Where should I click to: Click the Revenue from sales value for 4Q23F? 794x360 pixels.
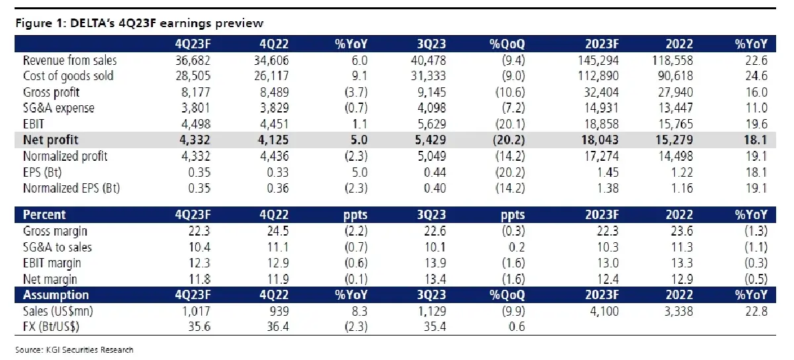(193, 60)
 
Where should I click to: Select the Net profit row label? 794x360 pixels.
(50, 140)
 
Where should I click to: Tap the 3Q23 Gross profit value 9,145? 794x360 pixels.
(431, 92)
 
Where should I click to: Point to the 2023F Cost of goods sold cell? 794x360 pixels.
(598, 76)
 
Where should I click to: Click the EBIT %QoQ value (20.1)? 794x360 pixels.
(509, 124)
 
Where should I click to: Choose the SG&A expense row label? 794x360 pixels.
(58, 108)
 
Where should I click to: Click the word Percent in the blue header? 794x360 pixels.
(44, 214)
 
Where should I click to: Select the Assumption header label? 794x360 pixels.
(56, 294)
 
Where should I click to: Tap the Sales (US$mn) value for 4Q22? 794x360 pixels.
(279, 311)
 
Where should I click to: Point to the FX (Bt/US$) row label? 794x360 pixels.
(51, 326)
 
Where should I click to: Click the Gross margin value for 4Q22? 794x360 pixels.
(278, 231)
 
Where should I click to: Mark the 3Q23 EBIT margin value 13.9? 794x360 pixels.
(435, 263)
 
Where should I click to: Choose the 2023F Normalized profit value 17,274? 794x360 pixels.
(601, 156)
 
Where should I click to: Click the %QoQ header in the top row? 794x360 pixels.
(507, 44)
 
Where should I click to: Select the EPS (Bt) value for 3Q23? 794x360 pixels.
(435, 172)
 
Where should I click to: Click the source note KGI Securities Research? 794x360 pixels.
(90, 349)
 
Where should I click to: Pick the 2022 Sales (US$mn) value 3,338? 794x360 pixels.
(678, 311)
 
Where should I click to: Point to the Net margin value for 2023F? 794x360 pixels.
(608, 279)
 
